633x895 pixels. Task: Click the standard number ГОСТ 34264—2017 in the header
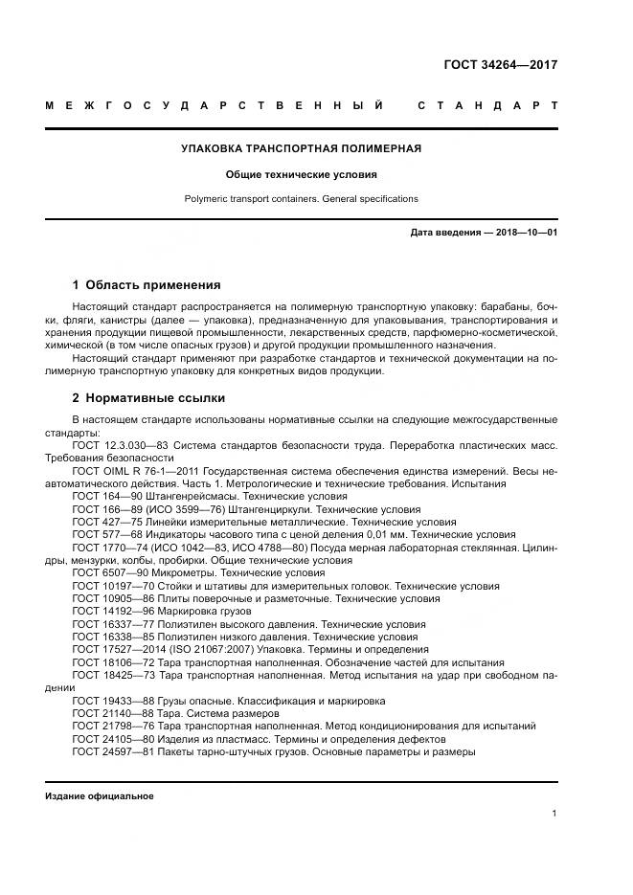pos(500,65)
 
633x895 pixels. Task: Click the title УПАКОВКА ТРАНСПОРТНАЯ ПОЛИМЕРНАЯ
pos(302,148)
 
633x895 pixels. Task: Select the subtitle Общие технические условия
pos(302,175)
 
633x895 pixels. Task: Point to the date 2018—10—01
pos(525,233)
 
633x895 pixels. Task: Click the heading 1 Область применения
pos(147,284)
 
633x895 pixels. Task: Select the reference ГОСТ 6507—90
pos(104,572)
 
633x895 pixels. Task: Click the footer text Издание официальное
pos(100,795)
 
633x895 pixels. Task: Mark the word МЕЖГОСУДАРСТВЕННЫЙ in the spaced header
pos(215,104)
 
